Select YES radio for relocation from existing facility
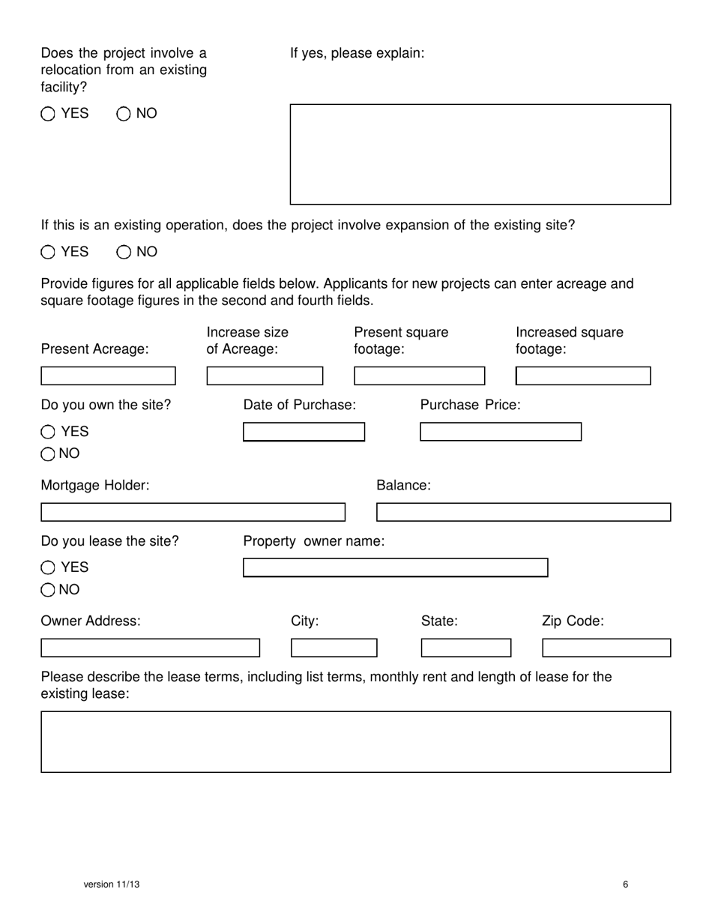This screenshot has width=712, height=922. tap(48, 114)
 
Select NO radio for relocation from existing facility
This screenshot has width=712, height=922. tap(124, 114)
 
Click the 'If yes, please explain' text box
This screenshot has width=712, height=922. tap(480, 154)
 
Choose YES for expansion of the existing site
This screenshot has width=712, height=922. tap(48, 252)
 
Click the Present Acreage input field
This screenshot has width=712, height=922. tap(108, 376)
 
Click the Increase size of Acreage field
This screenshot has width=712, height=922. tap(265, 376)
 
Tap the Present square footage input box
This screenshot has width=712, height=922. tap(419, 376)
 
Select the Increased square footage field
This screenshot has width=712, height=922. tap(583, 376)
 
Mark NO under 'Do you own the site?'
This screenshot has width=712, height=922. tap(48, 454)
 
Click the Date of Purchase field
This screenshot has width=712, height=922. tap(304, 432)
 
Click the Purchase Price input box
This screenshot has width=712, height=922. tap(500, 432)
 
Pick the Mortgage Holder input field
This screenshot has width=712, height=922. tap(193, 512)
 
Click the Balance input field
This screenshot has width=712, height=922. tap(523, 512)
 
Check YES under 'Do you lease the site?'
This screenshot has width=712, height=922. tap(48, 567)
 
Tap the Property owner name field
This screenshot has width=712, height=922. tap(395, 567)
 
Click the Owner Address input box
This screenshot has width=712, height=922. tap(150, 648)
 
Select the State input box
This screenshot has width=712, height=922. tap(465, 648)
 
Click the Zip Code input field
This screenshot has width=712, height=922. tap(606, 648)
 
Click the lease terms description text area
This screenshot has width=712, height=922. tap(355, 741)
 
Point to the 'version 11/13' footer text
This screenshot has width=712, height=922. tap(112, 885)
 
